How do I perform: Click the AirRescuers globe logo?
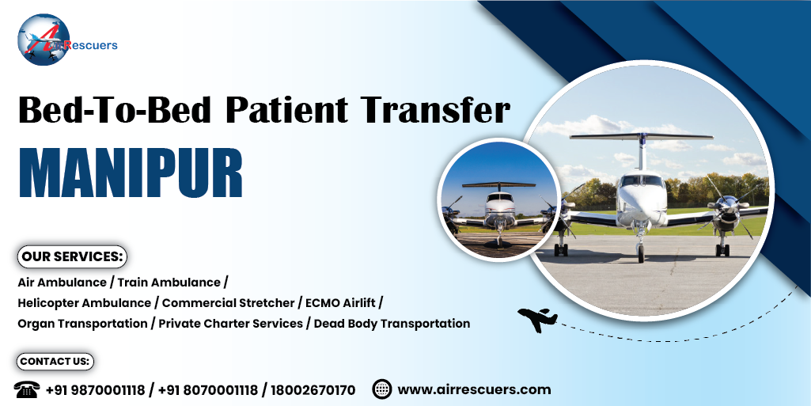(x=44, y=40)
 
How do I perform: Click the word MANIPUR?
(x=131, y=173)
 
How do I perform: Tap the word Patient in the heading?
(x=286, y=110)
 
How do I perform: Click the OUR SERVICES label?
(x=73, y=256)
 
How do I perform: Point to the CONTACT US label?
(x=55, y=362)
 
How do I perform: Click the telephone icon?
(x=26, y=389)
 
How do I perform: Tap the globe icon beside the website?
(x=381, y=389)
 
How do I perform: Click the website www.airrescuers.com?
(x=474, y=389)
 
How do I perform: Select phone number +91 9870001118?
(x=95, y=390)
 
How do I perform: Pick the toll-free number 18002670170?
(x=313, y=390)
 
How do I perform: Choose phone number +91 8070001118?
(x=207, y=390)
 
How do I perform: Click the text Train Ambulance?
(x=169, y=283)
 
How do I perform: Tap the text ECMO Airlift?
(x=340, y=302)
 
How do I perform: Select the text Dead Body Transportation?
(x=392, y=324)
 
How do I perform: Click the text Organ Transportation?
(x=82, y=324)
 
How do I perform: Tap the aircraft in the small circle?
(x=498, y=211)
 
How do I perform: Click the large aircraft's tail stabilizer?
(x=642, y=137)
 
